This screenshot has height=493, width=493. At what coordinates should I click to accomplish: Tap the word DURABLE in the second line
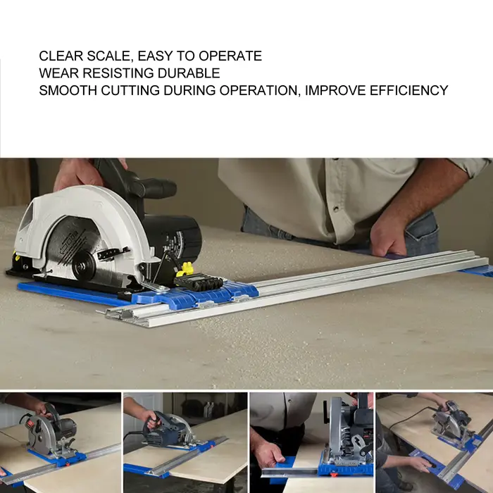pyautogui.click(x=189, y=73)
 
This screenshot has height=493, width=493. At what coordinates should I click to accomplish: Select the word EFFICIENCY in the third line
pyautogui.click(x=408, y=90)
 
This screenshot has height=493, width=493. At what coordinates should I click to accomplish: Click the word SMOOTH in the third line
pyautogui.click(x=68, y=90)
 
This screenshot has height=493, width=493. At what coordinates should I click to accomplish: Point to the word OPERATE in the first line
pyautogui.click(x=230, y=56)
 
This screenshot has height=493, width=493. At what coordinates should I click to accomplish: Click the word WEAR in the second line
pyautogui.click(x=58, y=73)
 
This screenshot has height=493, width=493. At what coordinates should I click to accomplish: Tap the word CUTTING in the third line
pyautogui.click(x=130, y=90)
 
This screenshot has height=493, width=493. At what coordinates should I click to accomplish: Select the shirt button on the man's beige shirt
pyautogui.click(x=336, y=208)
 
